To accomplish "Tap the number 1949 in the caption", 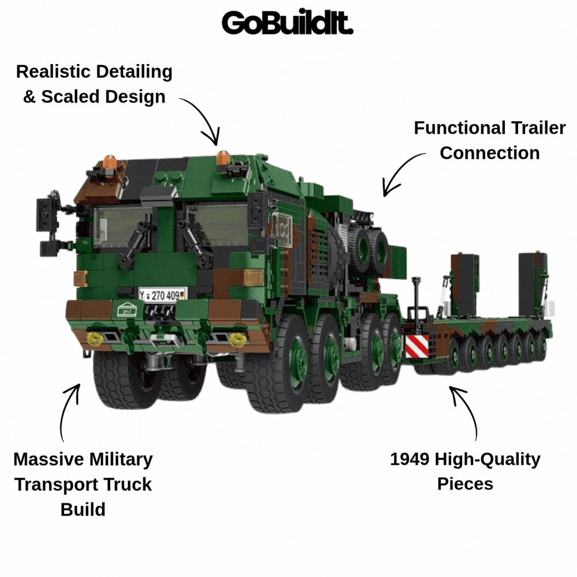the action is (x=410, y=459).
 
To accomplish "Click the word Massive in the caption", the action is (x=48, y=460).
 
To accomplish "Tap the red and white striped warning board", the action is (x=417, y=346).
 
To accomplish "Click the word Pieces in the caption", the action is (x=465, y=484).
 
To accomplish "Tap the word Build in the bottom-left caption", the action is (x=83, y=509).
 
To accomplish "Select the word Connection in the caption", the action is (x=490, y=153).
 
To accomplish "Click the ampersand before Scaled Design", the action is (x=29, y=97).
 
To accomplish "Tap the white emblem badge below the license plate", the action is (x=127, y=309).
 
